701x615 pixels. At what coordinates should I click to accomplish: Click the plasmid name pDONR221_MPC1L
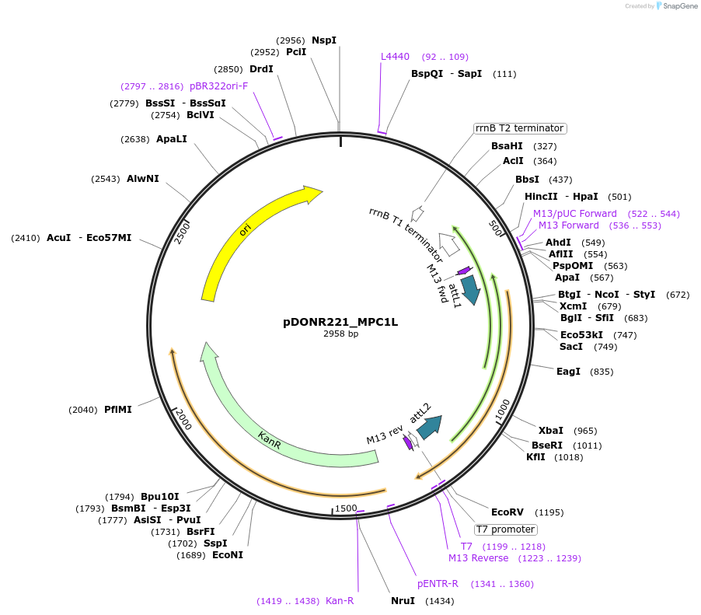[340, 322]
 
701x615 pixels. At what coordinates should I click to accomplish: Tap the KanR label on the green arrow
[270, 442]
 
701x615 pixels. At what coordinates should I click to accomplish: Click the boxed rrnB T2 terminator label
[519, 128]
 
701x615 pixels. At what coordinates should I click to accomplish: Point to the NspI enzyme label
[324, 40]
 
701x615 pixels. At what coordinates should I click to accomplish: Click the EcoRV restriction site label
[507, 512]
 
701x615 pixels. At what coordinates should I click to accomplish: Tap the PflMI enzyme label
[118, 410]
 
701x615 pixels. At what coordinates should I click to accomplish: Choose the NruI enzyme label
[403, 601]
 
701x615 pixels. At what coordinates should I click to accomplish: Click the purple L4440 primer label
[395, 57]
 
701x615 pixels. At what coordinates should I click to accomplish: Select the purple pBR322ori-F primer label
[218, 86]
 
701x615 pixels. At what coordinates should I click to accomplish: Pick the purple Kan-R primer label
[340, 601]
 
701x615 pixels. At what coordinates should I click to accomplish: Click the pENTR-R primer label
[438, 584]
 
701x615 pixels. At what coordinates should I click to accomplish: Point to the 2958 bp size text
[340, 334]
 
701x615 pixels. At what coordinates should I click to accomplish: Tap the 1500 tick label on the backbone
[346, 508]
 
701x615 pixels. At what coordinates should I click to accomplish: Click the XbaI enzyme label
[551, 431]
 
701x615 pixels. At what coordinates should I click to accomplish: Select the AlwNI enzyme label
[143, 179]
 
